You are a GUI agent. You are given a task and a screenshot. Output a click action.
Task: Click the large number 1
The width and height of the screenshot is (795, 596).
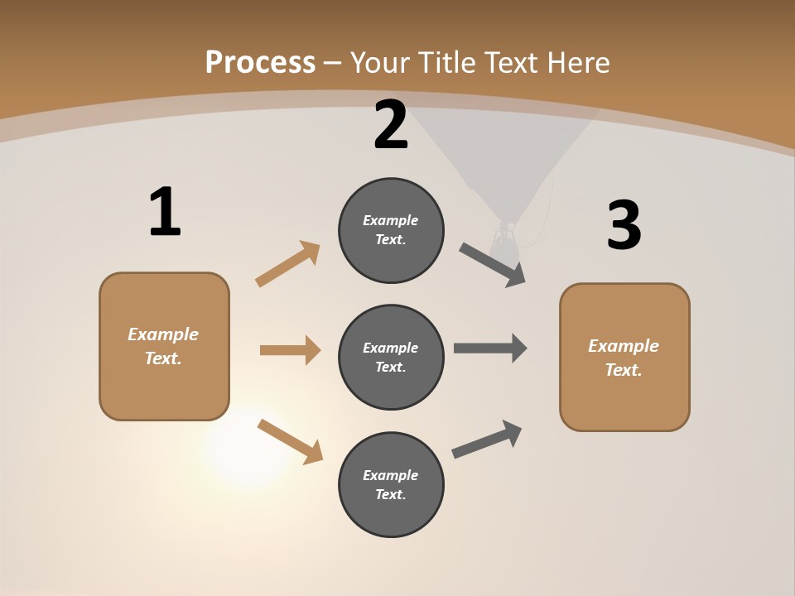tap(165, 213)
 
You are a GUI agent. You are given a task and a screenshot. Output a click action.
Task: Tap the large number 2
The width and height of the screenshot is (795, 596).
tap(391, 126)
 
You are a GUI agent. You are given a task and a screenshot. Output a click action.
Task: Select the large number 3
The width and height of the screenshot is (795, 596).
tap(624, 226)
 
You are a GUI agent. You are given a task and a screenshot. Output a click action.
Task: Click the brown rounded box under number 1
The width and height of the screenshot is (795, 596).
tap(164, 346)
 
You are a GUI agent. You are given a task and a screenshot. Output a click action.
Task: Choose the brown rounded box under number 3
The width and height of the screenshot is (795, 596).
tap(624, 358)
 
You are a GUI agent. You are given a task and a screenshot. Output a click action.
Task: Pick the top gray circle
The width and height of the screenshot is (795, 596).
tap(391, 230)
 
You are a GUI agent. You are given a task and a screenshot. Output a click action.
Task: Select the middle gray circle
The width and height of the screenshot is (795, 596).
tap(391, 358)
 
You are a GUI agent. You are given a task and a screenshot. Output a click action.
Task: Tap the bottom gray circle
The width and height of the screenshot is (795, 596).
tap(391, 485)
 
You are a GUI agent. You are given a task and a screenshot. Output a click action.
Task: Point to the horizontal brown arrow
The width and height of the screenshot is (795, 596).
tap(290, 350)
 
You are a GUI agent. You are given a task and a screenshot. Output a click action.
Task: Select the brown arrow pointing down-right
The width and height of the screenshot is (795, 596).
tap(290, 440)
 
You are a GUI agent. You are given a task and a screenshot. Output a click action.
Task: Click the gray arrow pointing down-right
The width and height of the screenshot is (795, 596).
tap(493, 264)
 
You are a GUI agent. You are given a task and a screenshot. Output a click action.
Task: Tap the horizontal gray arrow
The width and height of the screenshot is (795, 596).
tap(490, 348)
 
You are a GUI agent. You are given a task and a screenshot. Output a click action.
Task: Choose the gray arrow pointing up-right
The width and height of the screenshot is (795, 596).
tap(487, 439)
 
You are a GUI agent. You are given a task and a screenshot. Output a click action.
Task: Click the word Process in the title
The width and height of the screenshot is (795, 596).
tap(260, 62)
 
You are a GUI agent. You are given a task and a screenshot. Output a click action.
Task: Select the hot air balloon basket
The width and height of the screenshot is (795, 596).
tap(503, 241)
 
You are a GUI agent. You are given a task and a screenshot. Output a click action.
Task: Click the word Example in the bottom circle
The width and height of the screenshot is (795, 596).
tap(390, 475)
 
